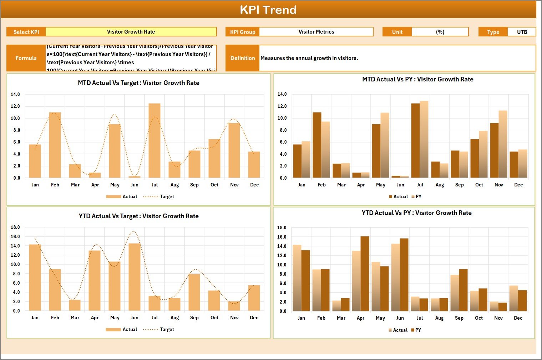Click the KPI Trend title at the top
pos(268,10)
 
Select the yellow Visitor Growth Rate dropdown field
pos(131,32)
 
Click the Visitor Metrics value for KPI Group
pos(316,32)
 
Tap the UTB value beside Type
pos(522,32)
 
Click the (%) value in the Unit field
pos(440,32)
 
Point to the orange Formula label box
pos(26,58)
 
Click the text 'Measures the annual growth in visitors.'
pos(309,58)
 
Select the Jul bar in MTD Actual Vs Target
pos(155,141)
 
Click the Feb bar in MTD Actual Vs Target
pos(55,145)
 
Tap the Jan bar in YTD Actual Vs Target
pos(35,277)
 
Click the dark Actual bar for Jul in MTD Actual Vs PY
pos(415,141)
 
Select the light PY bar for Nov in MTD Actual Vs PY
pos(503,144)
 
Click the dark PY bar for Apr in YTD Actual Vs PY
pos(365,274)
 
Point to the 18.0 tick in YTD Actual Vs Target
pos(15,227)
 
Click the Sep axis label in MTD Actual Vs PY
pos(459,185)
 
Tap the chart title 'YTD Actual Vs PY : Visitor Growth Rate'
pos(416,213)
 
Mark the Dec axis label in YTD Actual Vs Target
pos(254,317)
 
